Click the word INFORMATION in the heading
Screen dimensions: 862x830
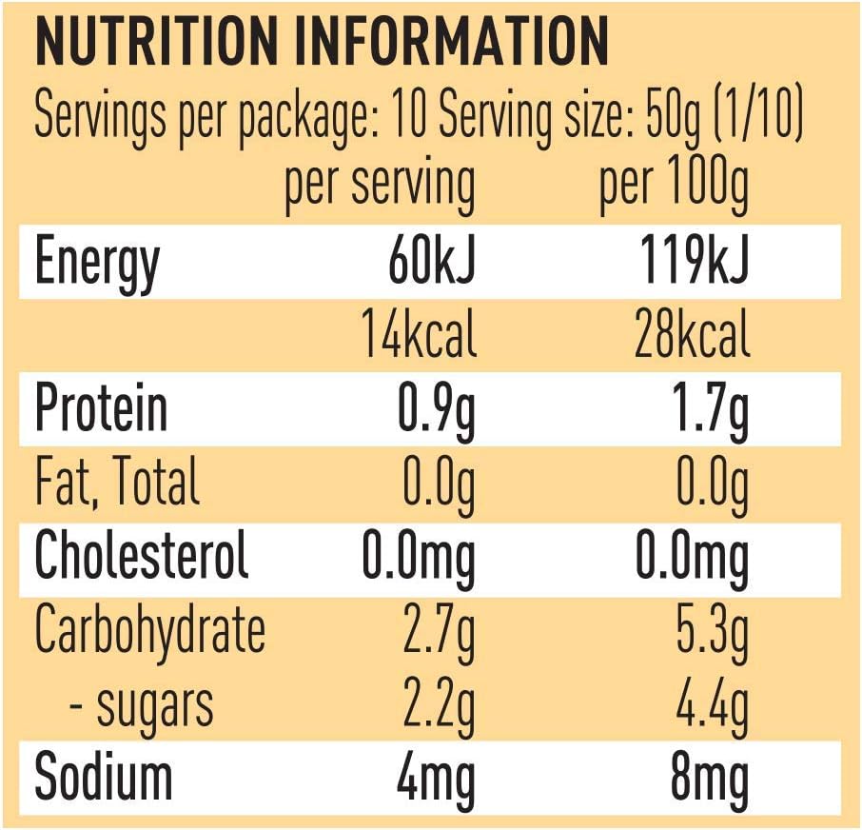452,42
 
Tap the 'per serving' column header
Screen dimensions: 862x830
380,186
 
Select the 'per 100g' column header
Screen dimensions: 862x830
674,186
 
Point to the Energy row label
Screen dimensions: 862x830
97,264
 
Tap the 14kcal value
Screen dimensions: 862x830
419,334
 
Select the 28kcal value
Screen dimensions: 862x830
692,334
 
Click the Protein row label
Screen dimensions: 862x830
101,408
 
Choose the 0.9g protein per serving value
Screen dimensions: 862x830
436,411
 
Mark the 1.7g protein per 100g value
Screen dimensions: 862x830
712,411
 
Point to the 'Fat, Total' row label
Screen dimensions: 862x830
116,482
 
